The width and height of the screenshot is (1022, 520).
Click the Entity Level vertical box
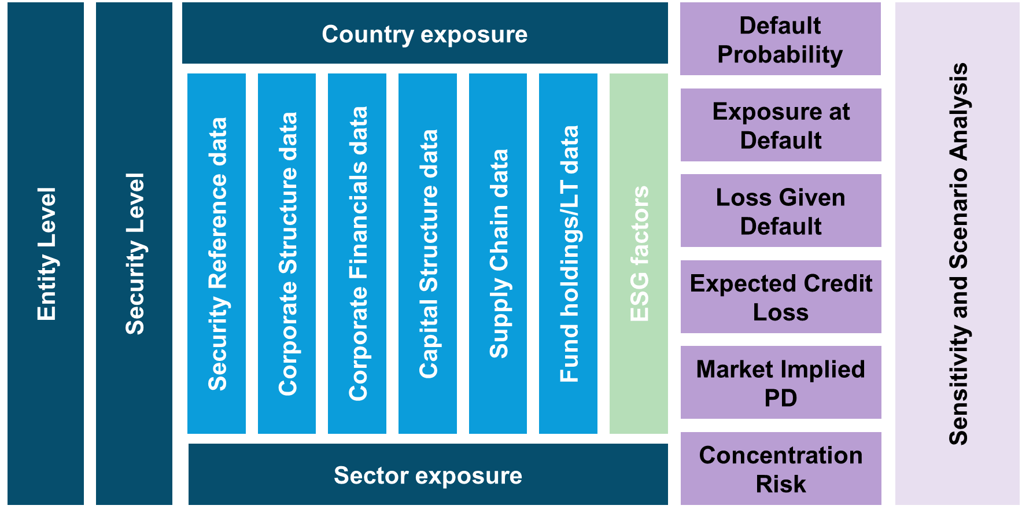[46, 253]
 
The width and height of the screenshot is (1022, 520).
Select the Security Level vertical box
[134, 253]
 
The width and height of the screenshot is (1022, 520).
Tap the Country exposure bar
[425, 34]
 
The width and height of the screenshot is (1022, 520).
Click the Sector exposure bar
[428, 475]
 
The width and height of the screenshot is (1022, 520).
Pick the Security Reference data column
[217, 253]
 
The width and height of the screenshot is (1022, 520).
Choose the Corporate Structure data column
[287, 253]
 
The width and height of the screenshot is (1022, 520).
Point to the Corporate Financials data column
[357, 253]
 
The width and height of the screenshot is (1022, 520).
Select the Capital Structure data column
[428, 253]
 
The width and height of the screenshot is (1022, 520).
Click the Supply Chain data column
[498, 253]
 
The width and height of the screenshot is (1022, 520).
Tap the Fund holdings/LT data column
[569, 253]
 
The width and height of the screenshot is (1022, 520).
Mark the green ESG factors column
[639, 253]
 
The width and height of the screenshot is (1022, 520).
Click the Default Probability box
[780, 39]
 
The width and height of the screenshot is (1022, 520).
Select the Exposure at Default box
[781, 125]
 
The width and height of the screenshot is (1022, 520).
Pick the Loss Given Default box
[781, 211]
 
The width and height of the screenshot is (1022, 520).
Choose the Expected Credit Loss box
[781, 297]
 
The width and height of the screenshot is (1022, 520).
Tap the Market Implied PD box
[781, 382]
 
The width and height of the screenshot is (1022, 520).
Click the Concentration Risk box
[781, 469]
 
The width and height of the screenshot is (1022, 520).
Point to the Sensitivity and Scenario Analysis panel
[957, 253]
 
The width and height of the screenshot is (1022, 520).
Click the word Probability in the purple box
[780, 55]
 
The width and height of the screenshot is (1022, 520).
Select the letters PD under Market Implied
[781, 398]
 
